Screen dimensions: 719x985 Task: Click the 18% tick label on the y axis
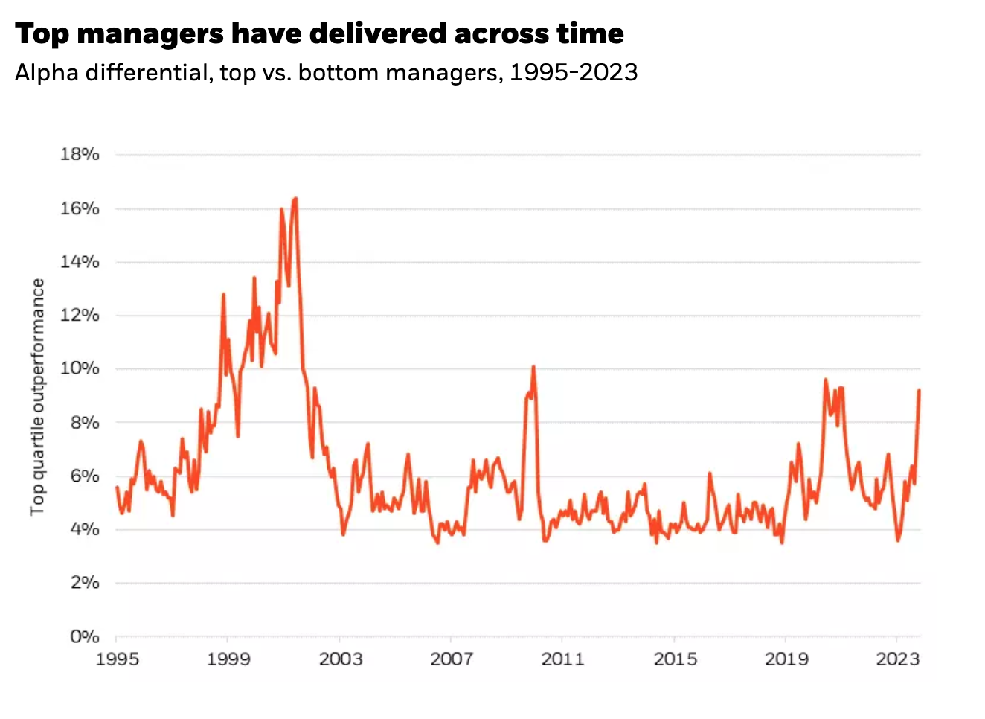(80, 154)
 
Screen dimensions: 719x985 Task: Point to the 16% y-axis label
(80, 208)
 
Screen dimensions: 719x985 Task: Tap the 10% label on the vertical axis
(80, 368)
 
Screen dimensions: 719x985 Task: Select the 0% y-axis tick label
(84, 636)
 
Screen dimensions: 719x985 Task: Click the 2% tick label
(84, 583)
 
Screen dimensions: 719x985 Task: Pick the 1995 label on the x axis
(117, 659)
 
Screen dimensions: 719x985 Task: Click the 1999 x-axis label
(228, 659)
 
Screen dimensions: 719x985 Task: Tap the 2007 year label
(452, 659)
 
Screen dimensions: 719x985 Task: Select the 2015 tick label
(675, 659)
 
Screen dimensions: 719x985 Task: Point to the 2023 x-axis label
(898, 659)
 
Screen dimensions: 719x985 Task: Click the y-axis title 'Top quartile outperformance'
(37, 397)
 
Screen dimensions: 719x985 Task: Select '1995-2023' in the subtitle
(574, 72)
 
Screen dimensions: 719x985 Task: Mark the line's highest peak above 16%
(295, 199)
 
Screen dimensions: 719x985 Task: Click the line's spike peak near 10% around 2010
(533, 367)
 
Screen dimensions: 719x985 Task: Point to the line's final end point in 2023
(920, 390)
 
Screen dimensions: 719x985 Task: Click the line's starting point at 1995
(117, 488)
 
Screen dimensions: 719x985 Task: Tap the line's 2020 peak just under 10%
(826, 380)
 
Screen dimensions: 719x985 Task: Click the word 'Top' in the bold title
(42, 33)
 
